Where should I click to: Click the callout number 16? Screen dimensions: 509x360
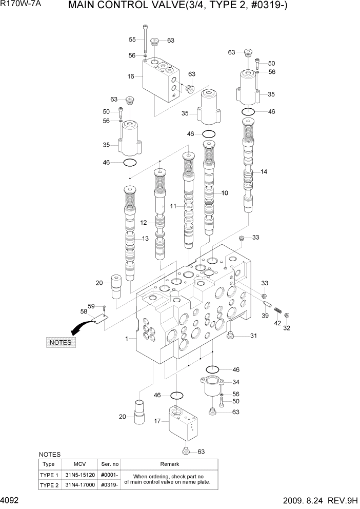[131, 76]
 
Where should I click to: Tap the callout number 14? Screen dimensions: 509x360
[264, 172]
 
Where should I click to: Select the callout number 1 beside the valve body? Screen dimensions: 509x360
[127, 339]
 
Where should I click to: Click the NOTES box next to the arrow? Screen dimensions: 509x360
[61, 342]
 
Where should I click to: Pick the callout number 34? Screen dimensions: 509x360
[236, 382]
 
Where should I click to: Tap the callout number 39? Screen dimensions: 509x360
[265, 316]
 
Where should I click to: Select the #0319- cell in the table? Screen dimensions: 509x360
[109, 484]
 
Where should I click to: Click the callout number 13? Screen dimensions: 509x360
[145, 238]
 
